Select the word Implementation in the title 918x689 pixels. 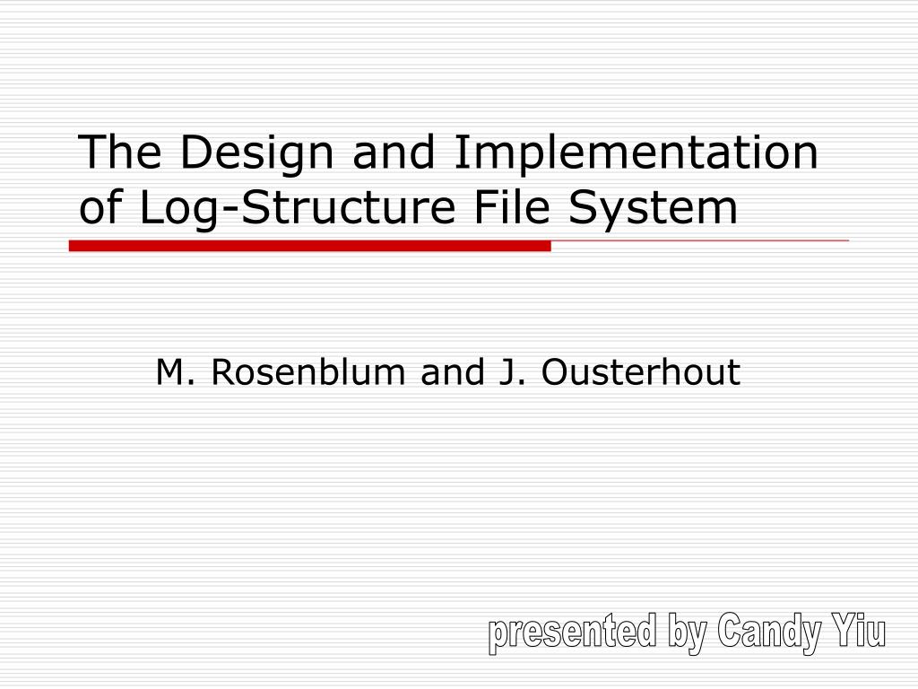[635, 153]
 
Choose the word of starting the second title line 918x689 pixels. [102, 208]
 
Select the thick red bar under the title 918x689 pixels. [309, 246]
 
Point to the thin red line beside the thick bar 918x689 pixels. [699, 241]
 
